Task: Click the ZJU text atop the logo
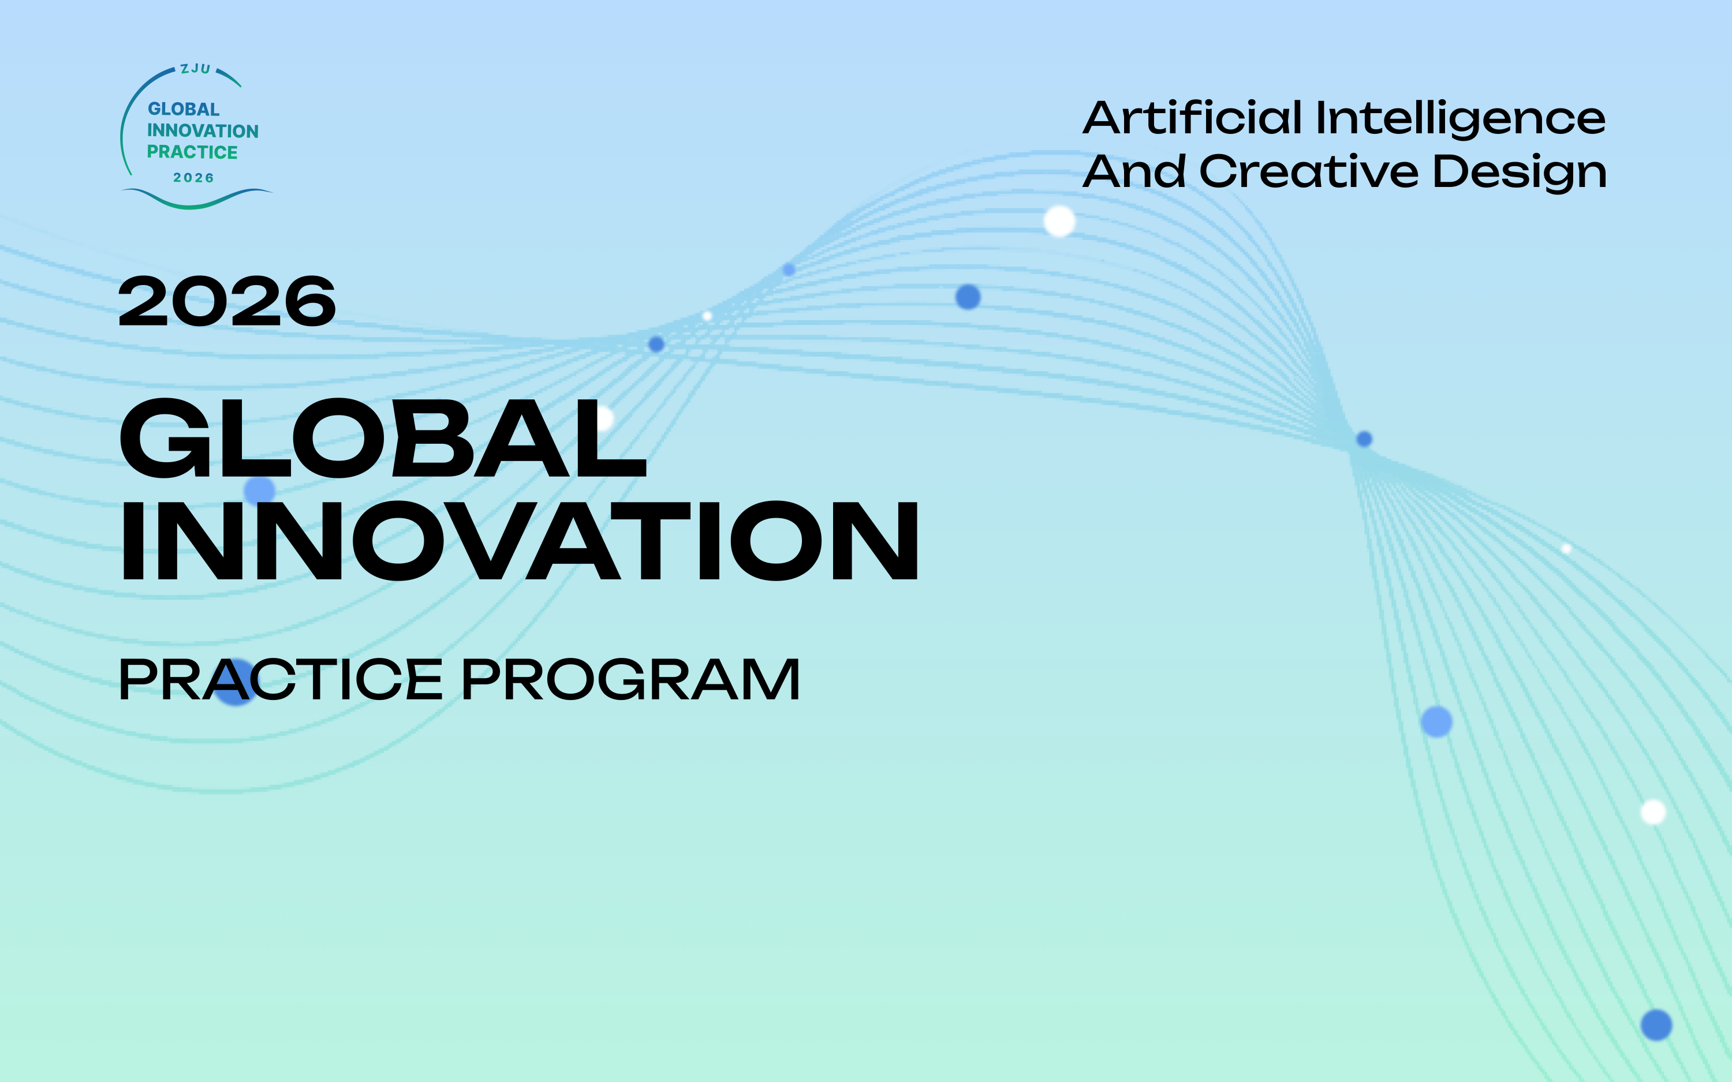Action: (195, 69)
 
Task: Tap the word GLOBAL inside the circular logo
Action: (183, 108)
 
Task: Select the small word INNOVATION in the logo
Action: (203, 131)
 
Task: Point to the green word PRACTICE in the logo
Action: (192, 152)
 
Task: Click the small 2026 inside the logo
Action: (193, 178)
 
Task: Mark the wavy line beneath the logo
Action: (197, 199)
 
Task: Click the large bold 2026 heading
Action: (227, 302)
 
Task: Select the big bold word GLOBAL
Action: (383, 438)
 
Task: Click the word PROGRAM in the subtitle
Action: (630, 679)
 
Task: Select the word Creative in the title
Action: (1309, 172)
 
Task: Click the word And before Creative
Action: (1134, 172)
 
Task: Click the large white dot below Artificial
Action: (1059, 221)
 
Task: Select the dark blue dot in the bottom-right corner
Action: (1656, 1025)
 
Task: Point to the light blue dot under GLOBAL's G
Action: (259, 491)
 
